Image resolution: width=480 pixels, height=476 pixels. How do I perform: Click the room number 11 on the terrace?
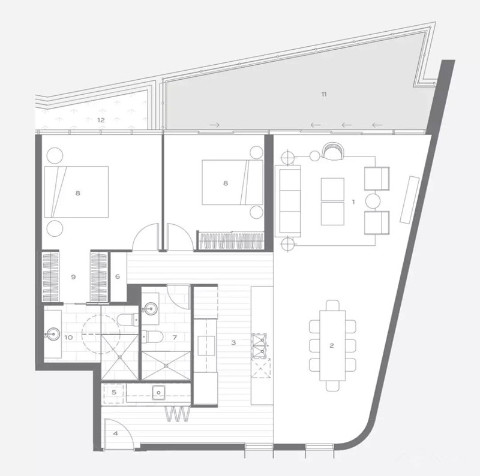pos(324,94)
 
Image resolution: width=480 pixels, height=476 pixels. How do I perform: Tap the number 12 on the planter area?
pos(101,120)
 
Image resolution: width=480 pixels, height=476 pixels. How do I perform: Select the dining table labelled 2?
pos(332,346)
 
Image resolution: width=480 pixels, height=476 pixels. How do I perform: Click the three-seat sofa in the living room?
pos(287,201)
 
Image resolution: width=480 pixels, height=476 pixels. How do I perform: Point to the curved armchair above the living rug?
pos(333,151)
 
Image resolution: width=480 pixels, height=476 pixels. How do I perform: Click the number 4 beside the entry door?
pos(115,433)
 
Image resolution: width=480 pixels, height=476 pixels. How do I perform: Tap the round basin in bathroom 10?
pos(53,334)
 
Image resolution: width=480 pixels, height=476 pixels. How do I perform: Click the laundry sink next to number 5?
pos(158,392)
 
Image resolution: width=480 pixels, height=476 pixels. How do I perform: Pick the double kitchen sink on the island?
pos(259,346)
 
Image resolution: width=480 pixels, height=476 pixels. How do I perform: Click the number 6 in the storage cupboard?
pos(118,276)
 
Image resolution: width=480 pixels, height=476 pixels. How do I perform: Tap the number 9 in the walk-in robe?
pos(73,277)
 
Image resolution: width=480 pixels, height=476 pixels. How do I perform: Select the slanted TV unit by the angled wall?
pos(409,199)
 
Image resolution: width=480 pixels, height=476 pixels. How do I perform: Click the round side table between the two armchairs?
pos(373,201)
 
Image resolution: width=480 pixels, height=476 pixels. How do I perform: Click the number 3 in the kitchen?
pos(233,343)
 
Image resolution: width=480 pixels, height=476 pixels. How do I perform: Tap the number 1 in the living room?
pos(353,202)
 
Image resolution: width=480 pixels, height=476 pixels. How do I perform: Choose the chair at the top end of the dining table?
pos(332,305)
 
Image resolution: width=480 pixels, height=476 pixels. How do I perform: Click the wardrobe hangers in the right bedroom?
pos(231,241)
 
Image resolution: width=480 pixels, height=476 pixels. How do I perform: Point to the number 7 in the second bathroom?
pos(175,338)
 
